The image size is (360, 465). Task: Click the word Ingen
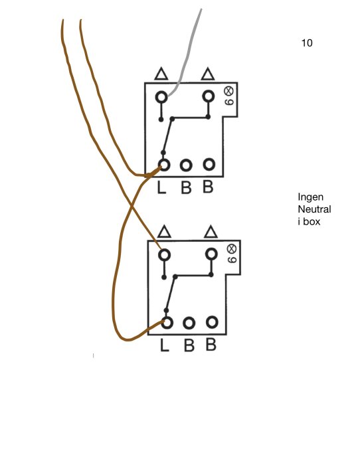pos(311,197)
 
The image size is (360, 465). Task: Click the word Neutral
pos(314,209)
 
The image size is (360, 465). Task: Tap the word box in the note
pos(313,221)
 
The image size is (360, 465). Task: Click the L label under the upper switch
pos(161,188)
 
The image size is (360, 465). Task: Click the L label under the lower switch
pos(164,345)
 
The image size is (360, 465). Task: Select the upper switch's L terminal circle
pos(163,164)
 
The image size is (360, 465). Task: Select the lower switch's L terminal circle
pos(166,322)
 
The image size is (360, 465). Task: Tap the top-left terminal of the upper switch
pos(161,97)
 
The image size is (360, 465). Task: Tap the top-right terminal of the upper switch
pos(209,96)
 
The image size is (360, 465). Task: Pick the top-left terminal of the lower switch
pos(164,254)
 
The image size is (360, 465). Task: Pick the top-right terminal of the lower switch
pos(211,254)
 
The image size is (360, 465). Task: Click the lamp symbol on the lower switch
pos(232,248)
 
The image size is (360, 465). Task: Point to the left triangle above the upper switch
pos(160,73)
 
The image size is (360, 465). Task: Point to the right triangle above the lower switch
pos(211,232)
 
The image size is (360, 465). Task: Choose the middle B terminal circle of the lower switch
pos(189,324)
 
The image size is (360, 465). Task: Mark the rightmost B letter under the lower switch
pos(211,345)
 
